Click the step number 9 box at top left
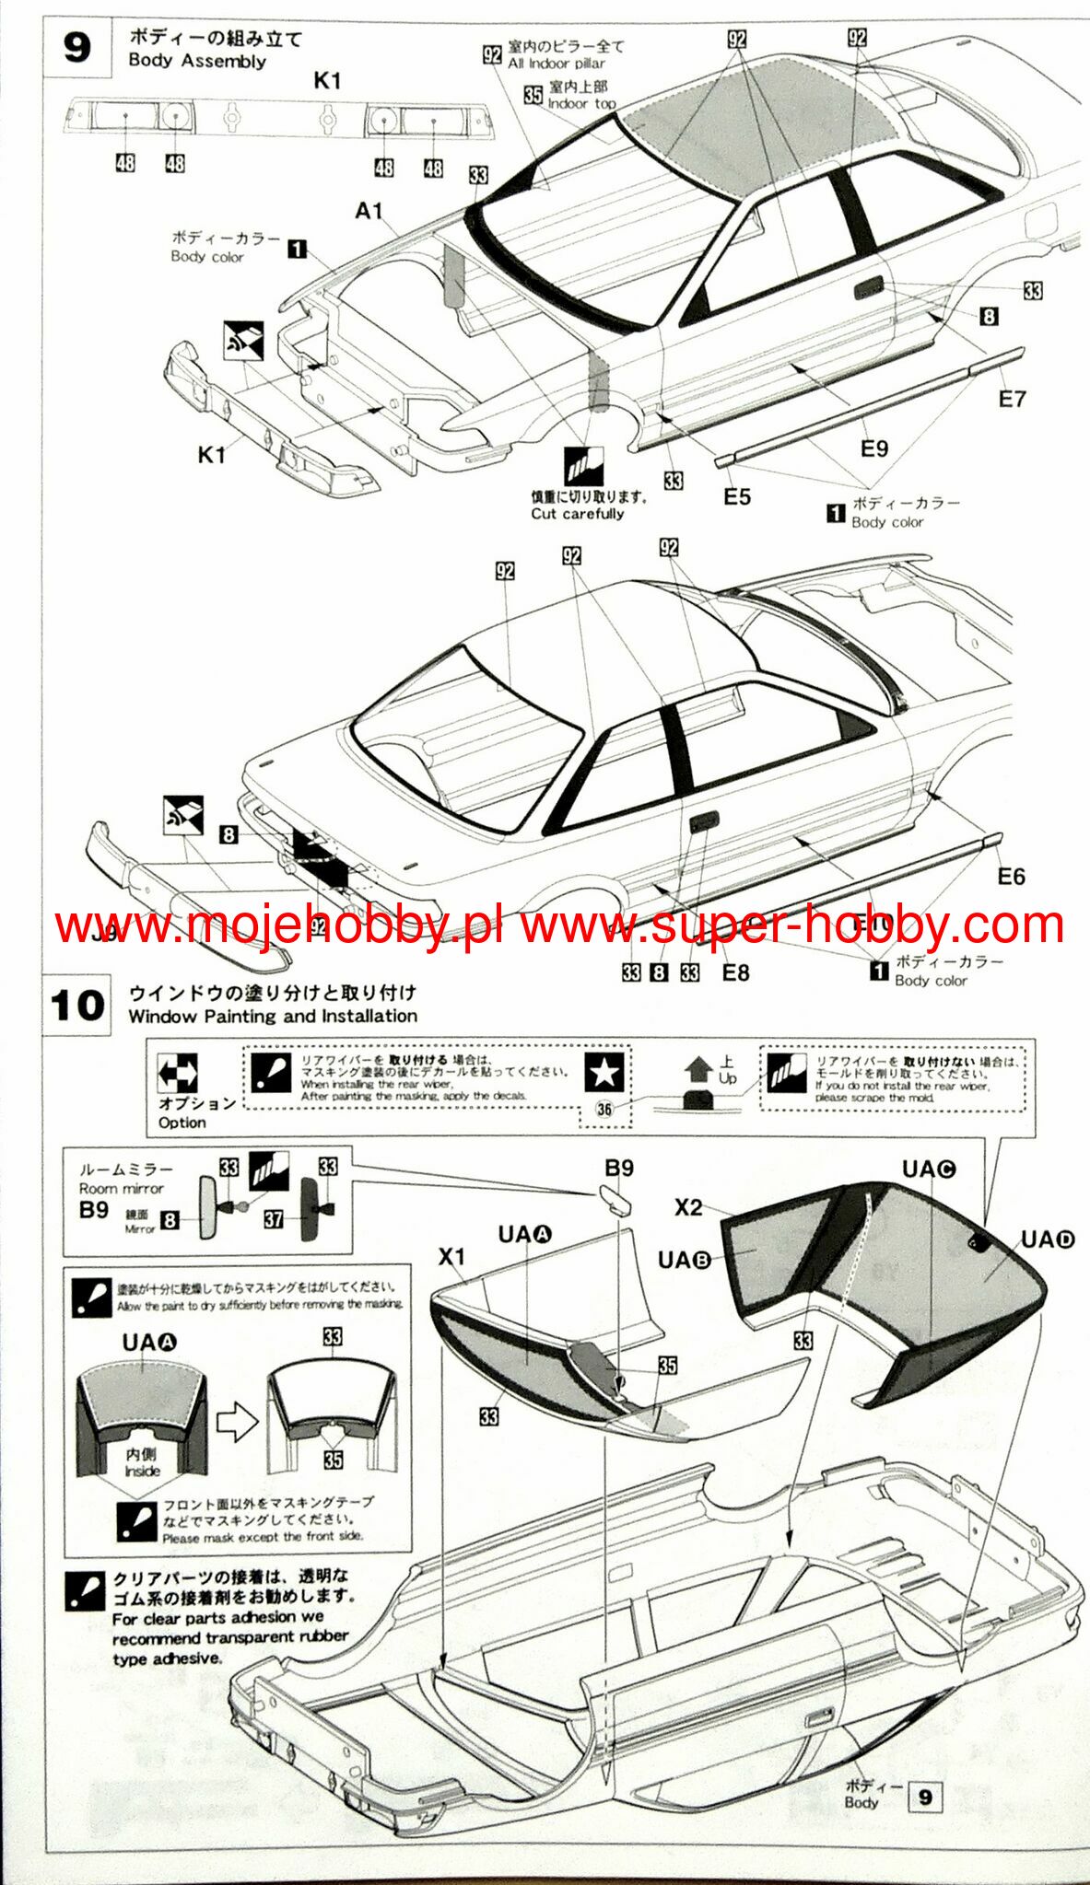tap(76, 47)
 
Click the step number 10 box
tap(77, 1005)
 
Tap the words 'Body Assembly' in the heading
tap(197, 61)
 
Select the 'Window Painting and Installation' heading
tap(273, 1016)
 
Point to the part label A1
tap(369, 211)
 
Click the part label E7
tap(1012, 399)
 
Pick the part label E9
tap(873, 448)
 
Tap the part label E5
tap(736, 497)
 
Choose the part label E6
tap(1011, 877)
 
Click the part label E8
tap(735, 972)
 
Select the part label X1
tap(451, 1256)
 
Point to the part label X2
tap(688, 1207)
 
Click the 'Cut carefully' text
tap(577, 514)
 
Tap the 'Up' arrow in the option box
tap(699, 1070)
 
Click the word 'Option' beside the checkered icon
tap(182, 1123)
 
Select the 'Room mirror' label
tap(121, 1189)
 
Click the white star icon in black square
tap(604, 1072)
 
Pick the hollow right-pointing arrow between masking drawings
tap(237, 1423)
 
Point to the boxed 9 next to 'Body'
tap(925, 1797)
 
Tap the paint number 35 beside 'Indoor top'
tap(533, 95)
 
